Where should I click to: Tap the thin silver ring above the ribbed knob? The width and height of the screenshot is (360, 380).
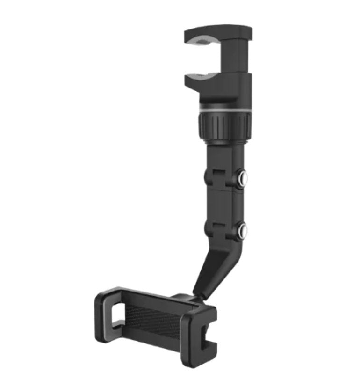(x=224, y=109)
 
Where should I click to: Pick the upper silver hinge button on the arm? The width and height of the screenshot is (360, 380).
(x=242, y=178)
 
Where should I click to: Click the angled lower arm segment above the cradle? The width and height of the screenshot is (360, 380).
(x=213, y=267)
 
